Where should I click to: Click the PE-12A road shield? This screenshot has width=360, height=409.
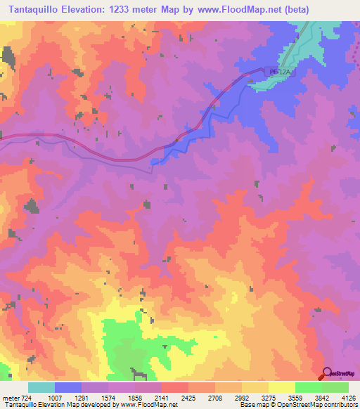tap(278, 72)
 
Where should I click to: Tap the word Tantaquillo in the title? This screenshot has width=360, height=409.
tap(34, 8)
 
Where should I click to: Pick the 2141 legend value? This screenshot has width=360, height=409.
tap(161, 397)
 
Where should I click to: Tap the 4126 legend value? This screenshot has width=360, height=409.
tap(347, 397)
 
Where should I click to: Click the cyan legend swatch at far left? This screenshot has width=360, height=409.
tap(41, 387)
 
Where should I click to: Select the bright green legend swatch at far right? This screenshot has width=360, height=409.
tap(335, 387)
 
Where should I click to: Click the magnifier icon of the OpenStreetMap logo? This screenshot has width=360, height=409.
tap(326, 374)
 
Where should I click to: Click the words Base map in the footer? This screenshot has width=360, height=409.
tap(252, 405)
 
